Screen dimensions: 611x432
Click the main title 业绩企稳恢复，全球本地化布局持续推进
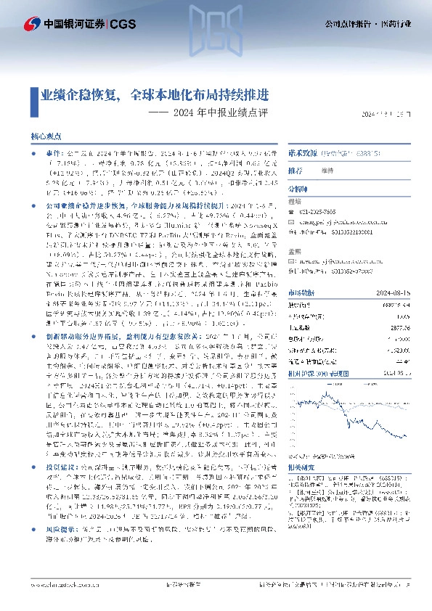click(154, 95)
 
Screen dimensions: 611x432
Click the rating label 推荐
click(295, 171)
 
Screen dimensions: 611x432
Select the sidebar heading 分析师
click(298, 188)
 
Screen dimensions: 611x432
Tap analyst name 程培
click(294, 202)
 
